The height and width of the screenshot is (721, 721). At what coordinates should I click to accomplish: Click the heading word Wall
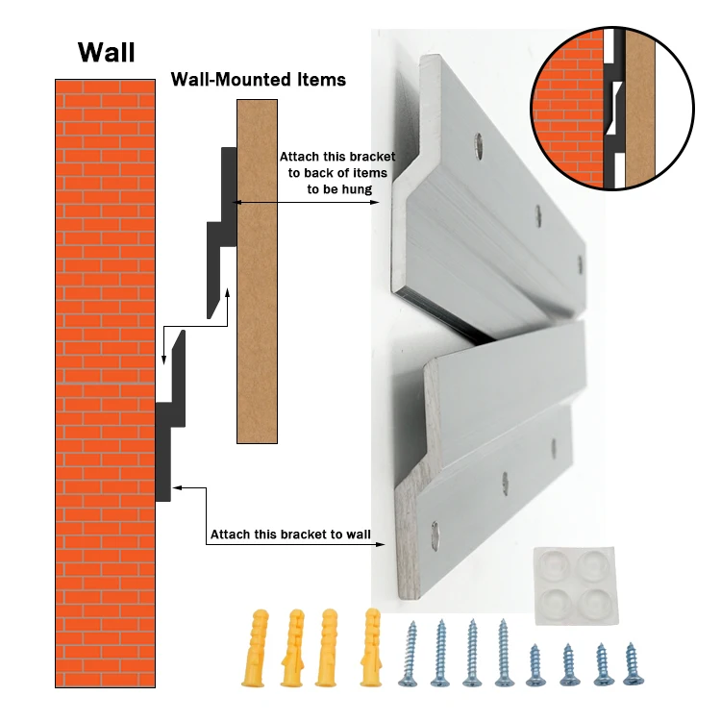click(106, 51)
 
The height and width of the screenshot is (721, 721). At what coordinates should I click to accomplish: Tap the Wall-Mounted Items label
click(258, 80)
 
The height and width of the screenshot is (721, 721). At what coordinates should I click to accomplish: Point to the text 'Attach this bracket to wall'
click(290, 535)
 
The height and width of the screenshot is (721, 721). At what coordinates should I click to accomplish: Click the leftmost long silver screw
click(411, 653)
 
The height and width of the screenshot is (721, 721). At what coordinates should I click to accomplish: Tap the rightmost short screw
click(631, 662)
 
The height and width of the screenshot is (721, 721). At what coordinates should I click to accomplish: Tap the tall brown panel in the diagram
click(257, 269)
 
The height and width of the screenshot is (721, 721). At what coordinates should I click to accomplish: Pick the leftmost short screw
click(535, 662)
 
